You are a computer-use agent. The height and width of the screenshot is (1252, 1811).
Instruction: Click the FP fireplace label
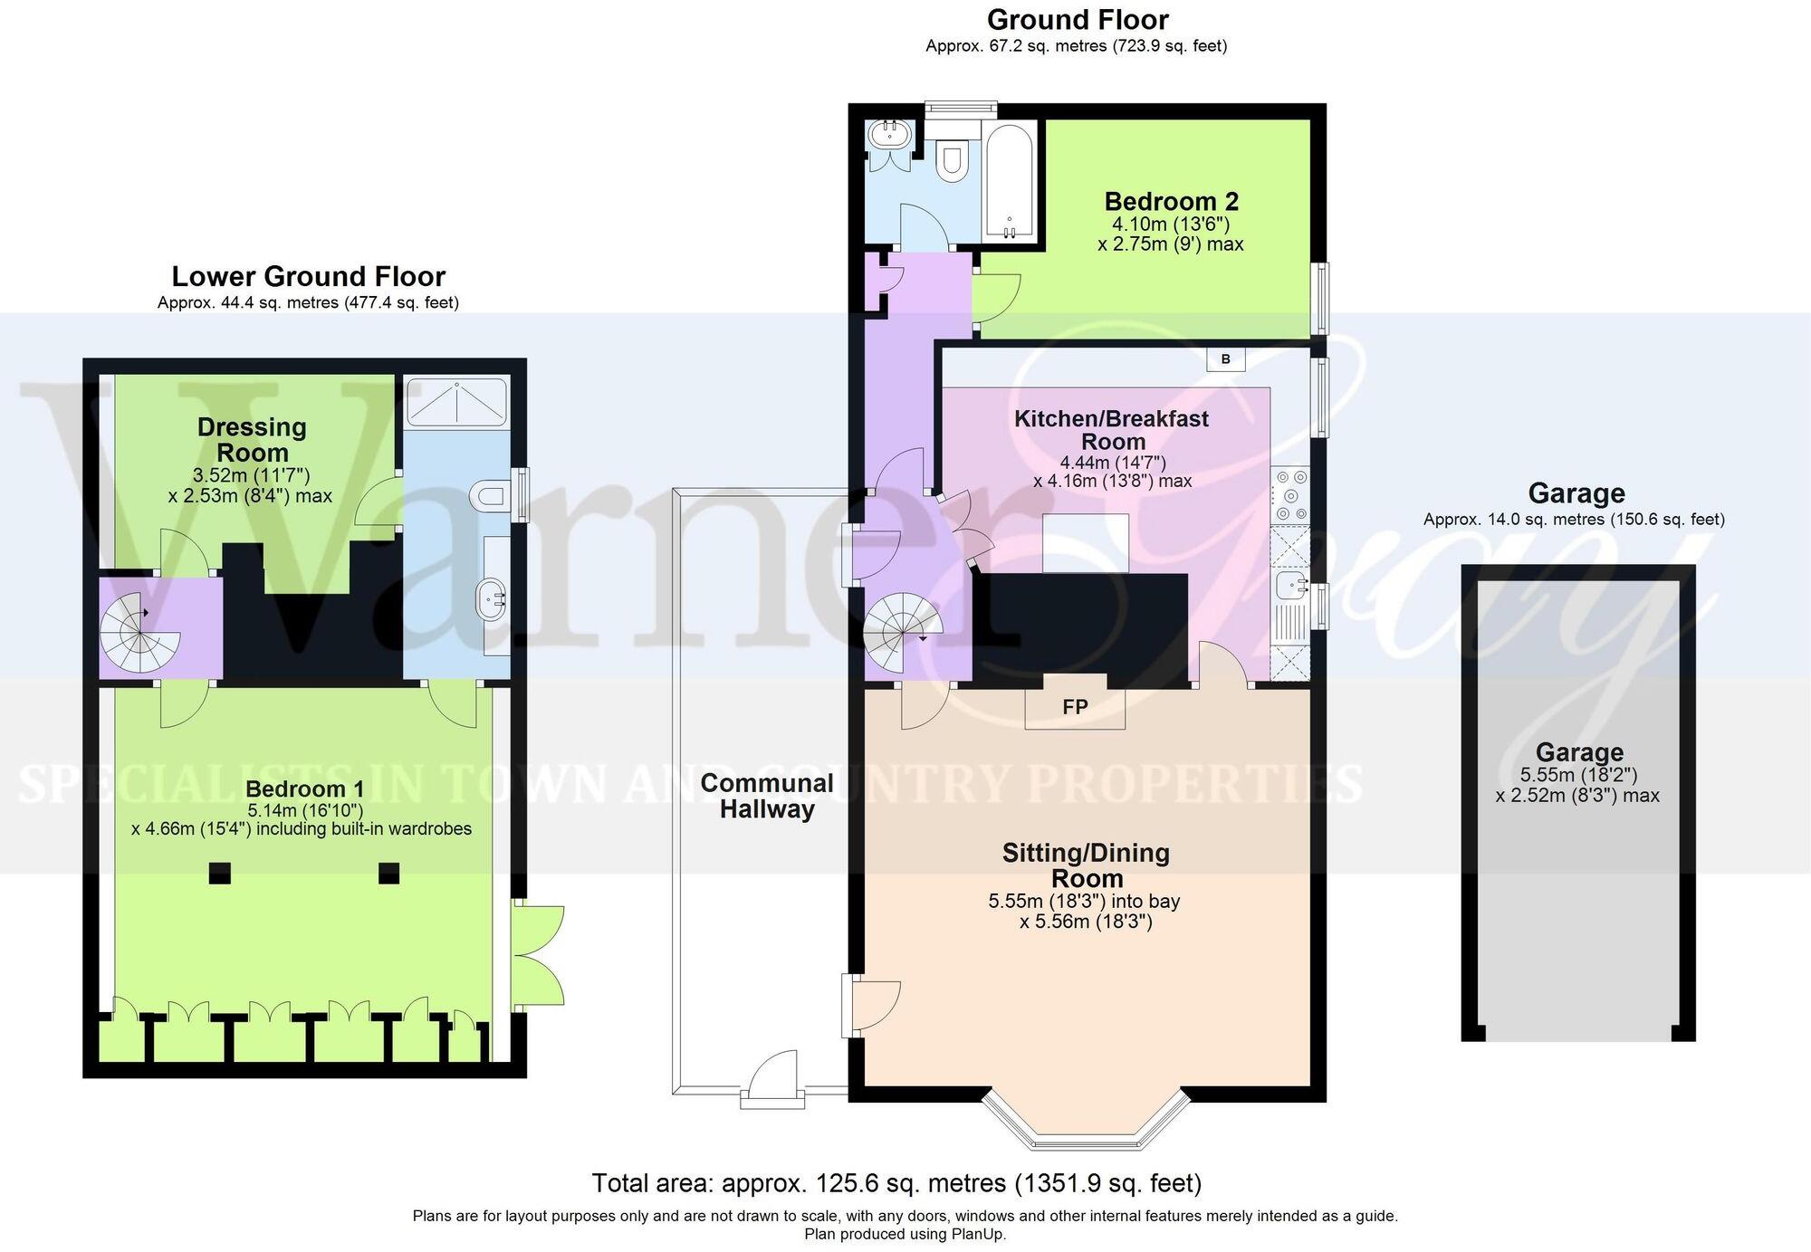pos(1075,707)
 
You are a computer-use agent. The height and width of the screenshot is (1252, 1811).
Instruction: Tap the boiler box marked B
pos(1226,359)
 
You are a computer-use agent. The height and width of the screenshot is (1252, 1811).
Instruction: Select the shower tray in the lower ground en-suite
pos(455,402)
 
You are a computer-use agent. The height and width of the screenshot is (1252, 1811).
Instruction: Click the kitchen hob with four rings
pos(1289,494)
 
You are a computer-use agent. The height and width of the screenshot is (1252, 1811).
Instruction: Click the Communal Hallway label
pos(767,796)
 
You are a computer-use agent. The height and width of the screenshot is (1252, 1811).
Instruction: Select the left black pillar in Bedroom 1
pos(219,873)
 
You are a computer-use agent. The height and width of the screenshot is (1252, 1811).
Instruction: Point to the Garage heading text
pos(1576,493)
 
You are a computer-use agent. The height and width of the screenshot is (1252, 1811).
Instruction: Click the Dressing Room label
pos(252,439)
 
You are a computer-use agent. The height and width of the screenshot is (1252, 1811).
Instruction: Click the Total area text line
pos(896,1183)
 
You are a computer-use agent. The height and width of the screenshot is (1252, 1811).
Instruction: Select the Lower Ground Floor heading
pos(308,276)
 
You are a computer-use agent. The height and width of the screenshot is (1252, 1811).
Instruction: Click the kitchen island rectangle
pos(1086,542)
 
